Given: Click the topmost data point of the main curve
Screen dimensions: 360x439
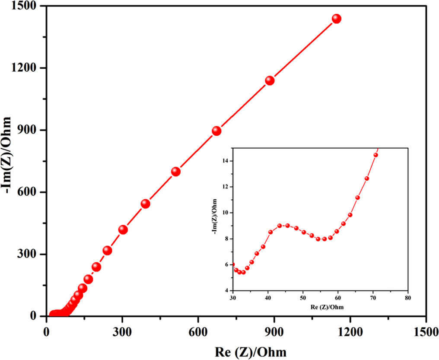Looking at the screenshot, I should pyautogui.click(x=336, y=19).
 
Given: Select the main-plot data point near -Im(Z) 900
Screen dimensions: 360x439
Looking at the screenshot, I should pyautogui.click(x=216, y=131).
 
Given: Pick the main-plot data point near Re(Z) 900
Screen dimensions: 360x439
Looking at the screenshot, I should pyautogui.click(x=270, y=80).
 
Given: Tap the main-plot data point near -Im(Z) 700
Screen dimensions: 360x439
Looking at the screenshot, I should pyautogui.click(x=175, y=172).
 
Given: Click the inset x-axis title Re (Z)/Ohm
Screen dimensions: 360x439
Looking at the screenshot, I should pyautogui.click(x=321, y=307).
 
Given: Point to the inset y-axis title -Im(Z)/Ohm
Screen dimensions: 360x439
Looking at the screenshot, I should pyautogui.click(x=214, y=219).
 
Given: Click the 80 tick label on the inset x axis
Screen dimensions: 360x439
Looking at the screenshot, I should pyautogui.click(x=407, y=299).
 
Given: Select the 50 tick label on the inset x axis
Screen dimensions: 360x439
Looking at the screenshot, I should pyautogui.click(x=303, y=299).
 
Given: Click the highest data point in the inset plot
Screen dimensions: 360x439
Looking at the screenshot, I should pyautogui.click(x=375, y=155).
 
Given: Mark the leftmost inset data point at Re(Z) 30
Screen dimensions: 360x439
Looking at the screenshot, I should pyautogui.click(x=233, y=264).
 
